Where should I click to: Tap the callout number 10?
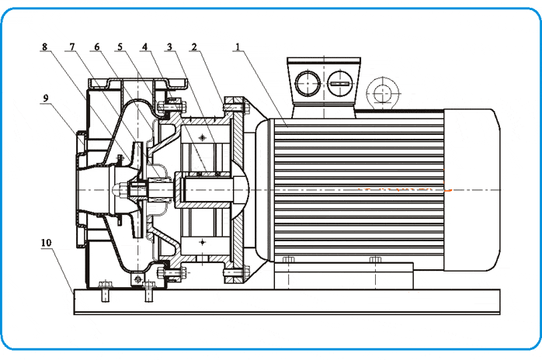[x=46, y=242]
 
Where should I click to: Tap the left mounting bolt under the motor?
[x=288, y=259]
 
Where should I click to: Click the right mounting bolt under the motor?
[x=375, y=259]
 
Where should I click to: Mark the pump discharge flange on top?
[x=138, y=78]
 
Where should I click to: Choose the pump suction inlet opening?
[x=81, y=189]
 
